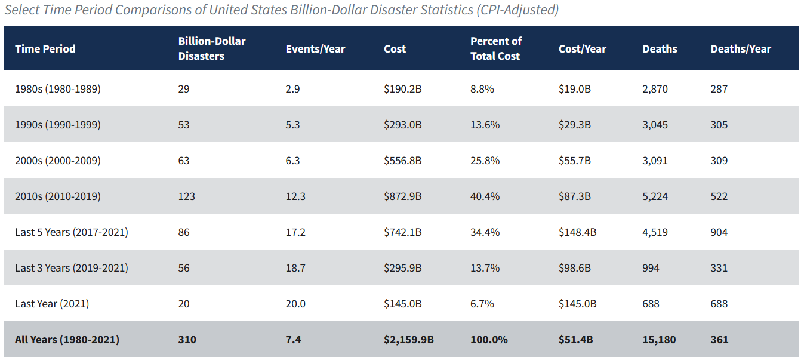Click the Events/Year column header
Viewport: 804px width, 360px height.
tap(315, 49)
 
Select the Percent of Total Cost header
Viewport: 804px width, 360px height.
tap(496, 48)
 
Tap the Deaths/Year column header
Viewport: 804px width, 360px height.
tap(741, 49)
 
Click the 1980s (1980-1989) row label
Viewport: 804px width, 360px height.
tap(58, 88)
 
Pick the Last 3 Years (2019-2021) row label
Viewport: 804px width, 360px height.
tap(72, 267)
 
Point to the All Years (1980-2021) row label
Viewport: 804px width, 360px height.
tap(67, 340)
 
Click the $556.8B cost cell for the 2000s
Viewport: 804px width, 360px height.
tap(403, 161)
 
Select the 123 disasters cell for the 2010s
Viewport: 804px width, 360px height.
tap(187, 196)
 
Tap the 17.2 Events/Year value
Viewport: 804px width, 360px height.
tap(295, 232)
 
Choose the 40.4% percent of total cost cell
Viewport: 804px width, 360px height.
tap(485, 196)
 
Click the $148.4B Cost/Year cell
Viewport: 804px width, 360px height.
tap(578, 232)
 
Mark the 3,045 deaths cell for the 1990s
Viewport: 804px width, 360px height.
tap(655, 125)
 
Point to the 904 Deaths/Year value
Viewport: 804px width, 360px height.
tap(719, 232)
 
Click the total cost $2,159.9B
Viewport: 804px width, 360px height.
tap(409, 340)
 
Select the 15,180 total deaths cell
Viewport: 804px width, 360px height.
tap(659, 340)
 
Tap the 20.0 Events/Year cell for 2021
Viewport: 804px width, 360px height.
tap(295, 304)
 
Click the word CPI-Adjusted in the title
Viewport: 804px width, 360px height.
tap(517, 10)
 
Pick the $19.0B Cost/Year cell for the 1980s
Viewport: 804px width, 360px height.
tap(575, 88)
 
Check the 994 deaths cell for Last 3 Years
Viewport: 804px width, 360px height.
tap(651, 268)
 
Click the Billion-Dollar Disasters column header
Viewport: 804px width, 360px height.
tap(212, 48)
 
